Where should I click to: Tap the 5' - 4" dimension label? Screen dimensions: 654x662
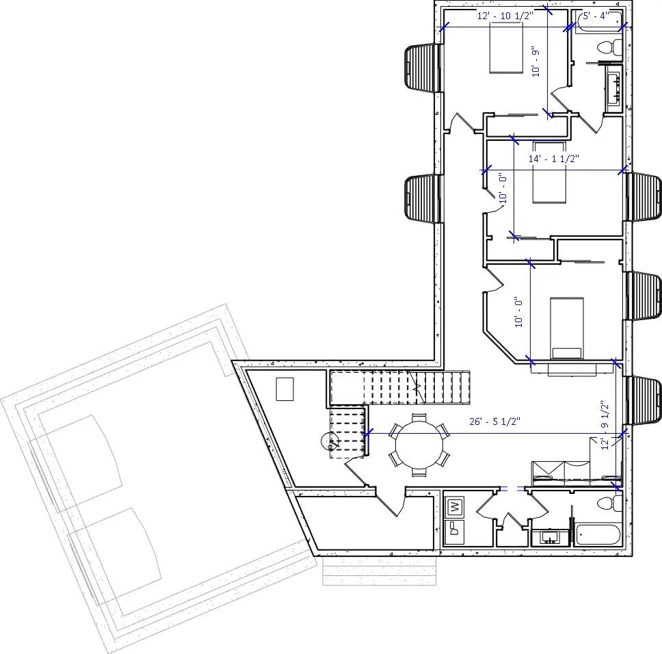pyautogui.click(x=594, y=16)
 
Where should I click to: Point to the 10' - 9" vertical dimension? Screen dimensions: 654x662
pyautogui.click(x=537, y=62)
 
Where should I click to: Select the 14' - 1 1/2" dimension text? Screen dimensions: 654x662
pyautogui.click(x=554, y=159)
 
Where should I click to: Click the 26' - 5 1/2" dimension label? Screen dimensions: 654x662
pyautogui.click(x=495, y=422)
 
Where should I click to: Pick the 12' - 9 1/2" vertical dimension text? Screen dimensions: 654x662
pyautogui.click(x=605, y=424)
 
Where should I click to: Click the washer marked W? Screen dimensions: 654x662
pyautogui.click(x=454, y=508)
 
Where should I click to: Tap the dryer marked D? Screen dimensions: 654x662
pyautogui.click(x=454, y=529)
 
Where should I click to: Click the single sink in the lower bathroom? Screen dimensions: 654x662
pyautogui.click(x=549, y=538)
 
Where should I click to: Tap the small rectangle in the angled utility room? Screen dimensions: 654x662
pyautogui.click(x=284, y=389)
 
